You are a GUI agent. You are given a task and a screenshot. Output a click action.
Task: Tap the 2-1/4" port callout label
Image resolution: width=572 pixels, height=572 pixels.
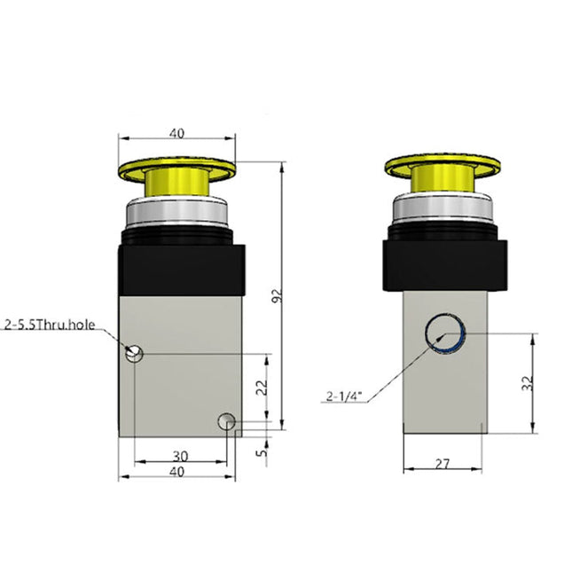point(345,397)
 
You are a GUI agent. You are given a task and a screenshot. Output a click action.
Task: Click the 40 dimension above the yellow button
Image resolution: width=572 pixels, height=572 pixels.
point(177,133)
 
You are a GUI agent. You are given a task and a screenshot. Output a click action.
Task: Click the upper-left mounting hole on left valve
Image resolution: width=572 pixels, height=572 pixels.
point(134,353)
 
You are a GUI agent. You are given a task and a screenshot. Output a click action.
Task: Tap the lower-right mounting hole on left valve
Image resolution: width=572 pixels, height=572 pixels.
point(228,421)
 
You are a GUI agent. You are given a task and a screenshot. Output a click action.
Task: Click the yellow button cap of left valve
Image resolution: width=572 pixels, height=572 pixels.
point(177,167)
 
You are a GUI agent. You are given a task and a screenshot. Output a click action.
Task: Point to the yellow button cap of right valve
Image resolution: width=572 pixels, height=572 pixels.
point(441,165)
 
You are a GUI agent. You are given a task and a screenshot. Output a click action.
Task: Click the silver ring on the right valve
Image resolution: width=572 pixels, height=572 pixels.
point(441,211)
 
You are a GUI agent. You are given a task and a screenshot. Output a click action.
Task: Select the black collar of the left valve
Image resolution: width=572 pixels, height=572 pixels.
point(177,270)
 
